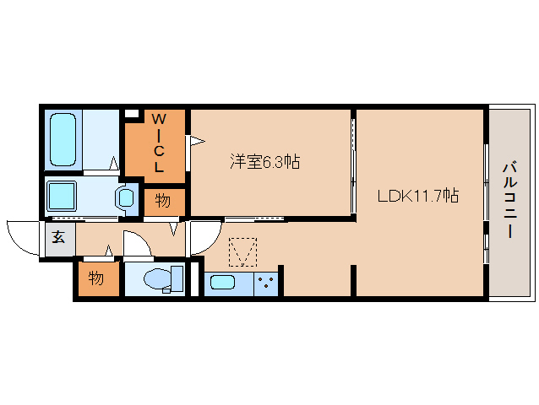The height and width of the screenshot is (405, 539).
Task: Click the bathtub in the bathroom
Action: click(63, 140)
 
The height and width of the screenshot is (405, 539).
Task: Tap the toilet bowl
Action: click(158, 278)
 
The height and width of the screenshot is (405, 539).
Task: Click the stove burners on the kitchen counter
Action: click(266, 283)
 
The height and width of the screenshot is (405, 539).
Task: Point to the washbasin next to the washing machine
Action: click(125, 198)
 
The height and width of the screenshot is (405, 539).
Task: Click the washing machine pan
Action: click(62, 196)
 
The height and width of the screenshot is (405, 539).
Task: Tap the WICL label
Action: click(159, 143)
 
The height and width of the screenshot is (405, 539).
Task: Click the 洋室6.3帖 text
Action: click(264, 162)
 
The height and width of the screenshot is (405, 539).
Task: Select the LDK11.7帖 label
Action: click(418, 196)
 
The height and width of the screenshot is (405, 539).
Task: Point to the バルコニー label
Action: click(509, 200)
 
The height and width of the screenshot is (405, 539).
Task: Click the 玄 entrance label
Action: click(58, 237)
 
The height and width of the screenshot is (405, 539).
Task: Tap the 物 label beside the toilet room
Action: click(96, 278)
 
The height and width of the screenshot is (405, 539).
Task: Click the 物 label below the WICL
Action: click(163, 201)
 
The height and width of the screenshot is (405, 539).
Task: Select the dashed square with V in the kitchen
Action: click(243, 252)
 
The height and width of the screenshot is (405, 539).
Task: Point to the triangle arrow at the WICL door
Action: click(198, 141)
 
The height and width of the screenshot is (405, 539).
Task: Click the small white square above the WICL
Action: click(131, 114)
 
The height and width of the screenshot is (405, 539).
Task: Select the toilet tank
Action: click(177, 278)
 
